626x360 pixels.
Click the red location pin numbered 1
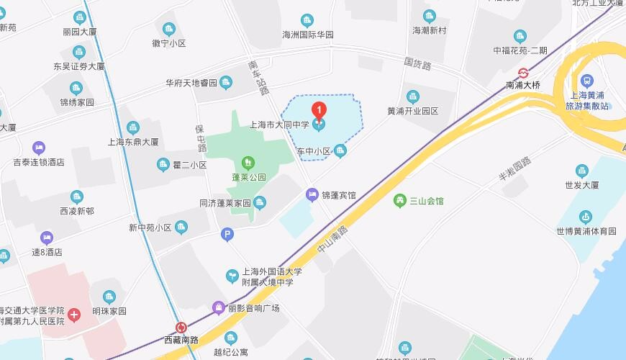319,111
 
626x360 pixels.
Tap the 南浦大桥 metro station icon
523,72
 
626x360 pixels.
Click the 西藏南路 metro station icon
181,327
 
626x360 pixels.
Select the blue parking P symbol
227,234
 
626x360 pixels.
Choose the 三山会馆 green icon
400,200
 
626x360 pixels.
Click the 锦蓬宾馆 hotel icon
312,194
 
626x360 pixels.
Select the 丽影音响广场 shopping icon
218,308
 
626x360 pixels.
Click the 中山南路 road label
332,238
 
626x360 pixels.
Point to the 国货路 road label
417,65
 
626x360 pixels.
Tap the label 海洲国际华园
308,35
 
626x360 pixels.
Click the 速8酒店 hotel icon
47,238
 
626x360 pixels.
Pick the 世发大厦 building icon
582,171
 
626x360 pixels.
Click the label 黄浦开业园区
412,111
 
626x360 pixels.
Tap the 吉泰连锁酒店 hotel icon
38,148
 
